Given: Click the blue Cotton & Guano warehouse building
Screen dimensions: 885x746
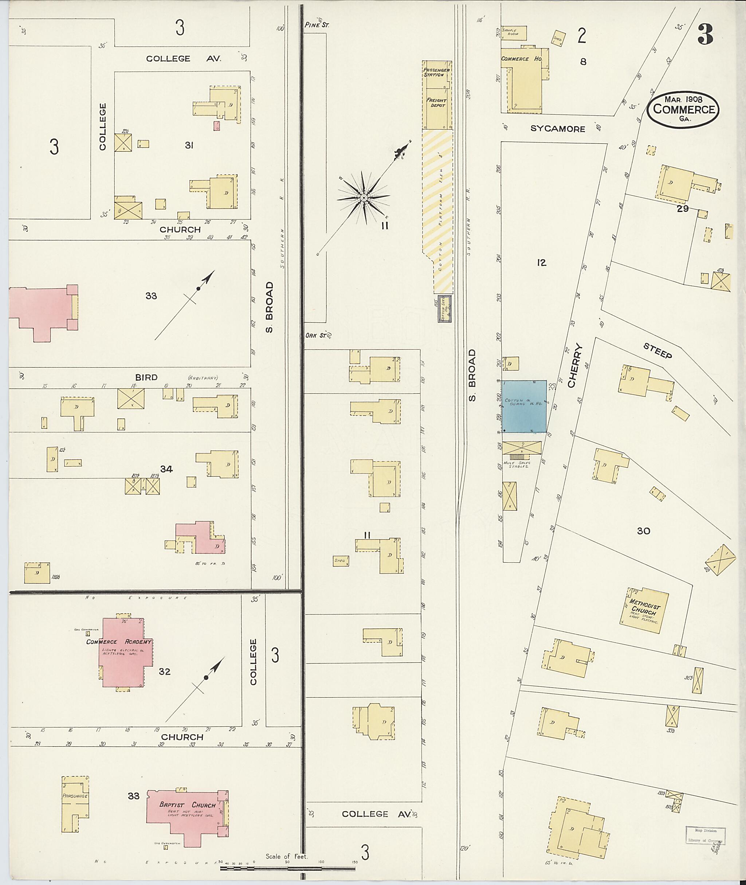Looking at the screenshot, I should pos(523,406).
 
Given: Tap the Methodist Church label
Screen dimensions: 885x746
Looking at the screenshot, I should pos(644,607).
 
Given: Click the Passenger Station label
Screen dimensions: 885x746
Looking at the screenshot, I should pos(436,72).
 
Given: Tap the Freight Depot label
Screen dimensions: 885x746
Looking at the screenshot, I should pos(436,103).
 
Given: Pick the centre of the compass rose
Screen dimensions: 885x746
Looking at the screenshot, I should pos(363,197).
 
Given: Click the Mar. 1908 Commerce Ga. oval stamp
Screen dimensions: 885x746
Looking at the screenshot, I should pos(683,109).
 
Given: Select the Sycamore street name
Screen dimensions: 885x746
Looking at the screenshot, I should pos(558,129).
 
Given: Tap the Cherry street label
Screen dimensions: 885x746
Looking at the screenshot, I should pos(576,366).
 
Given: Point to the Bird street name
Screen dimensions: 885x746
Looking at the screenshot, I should pos(146,377).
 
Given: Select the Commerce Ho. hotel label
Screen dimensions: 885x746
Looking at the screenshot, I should pos(522,59).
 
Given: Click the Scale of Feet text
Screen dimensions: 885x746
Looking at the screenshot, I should pos(287,856).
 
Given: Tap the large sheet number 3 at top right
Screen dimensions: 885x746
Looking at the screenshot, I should pos(706,35).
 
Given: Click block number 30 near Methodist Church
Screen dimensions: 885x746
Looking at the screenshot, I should pos(643,531).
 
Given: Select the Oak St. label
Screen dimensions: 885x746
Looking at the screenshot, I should pos(316,335).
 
